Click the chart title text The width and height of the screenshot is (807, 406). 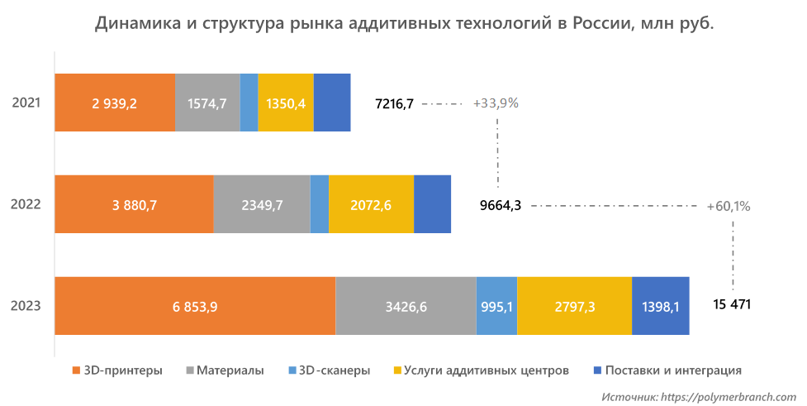pos(404,23)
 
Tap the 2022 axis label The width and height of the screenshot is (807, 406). pos(26,205)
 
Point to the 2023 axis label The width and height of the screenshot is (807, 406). pos(26,307)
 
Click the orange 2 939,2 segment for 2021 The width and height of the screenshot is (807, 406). pos(114,103)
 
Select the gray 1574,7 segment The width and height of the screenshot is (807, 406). pos(207,103)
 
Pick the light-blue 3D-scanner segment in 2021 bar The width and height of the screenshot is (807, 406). pos(249,103)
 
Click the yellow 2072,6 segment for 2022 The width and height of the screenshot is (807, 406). pos(371,204)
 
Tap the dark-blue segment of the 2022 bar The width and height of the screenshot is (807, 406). pos(432,204)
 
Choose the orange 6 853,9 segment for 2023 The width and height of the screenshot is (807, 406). pos(195,306)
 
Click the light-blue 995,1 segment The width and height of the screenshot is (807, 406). pos(496,306)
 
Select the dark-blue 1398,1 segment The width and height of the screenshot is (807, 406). pos(660,306)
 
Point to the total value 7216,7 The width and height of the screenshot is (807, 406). pos(394,103)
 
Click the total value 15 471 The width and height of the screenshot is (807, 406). pos(732,305)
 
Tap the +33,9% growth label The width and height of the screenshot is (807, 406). pos(496,103)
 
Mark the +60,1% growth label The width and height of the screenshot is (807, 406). pos(729,206)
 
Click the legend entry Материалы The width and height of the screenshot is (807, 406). pos(230,370)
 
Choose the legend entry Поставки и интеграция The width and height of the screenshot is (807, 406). pos(673,370)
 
